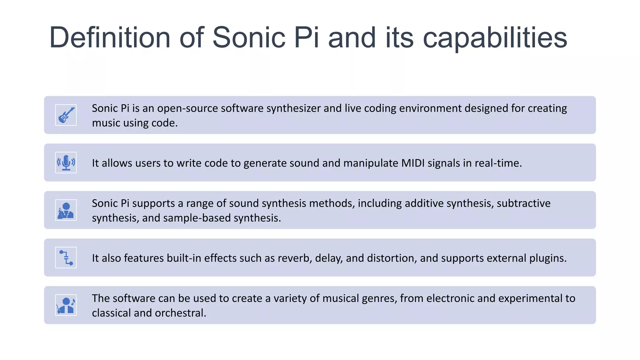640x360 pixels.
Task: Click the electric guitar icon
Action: [66, 115]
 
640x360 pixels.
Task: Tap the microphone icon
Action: [66, 162]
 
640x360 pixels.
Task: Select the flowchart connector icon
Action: [66, 257]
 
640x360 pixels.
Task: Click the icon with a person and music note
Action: [66, 305]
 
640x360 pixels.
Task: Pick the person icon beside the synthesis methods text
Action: [66, 210]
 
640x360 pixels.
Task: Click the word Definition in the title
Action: [110, 37]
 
